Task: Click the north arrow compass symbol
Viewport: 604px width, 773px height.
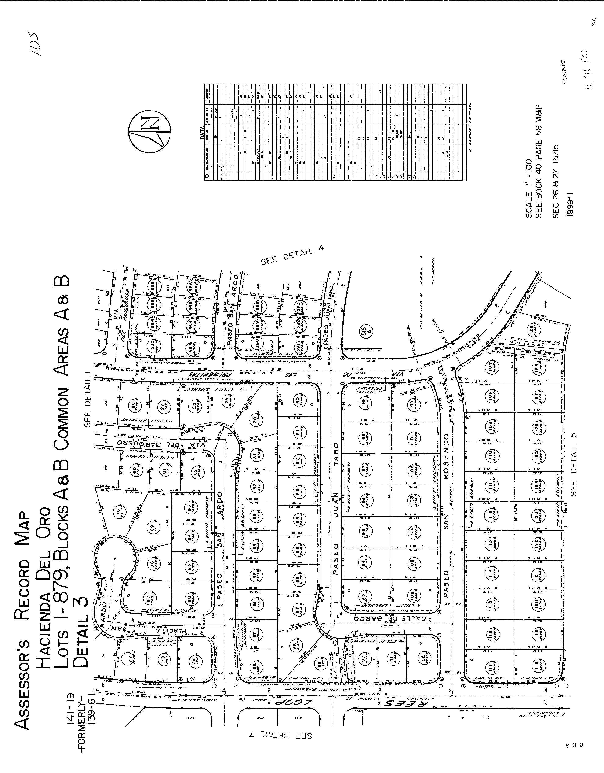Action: click(x=149, y=132)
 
